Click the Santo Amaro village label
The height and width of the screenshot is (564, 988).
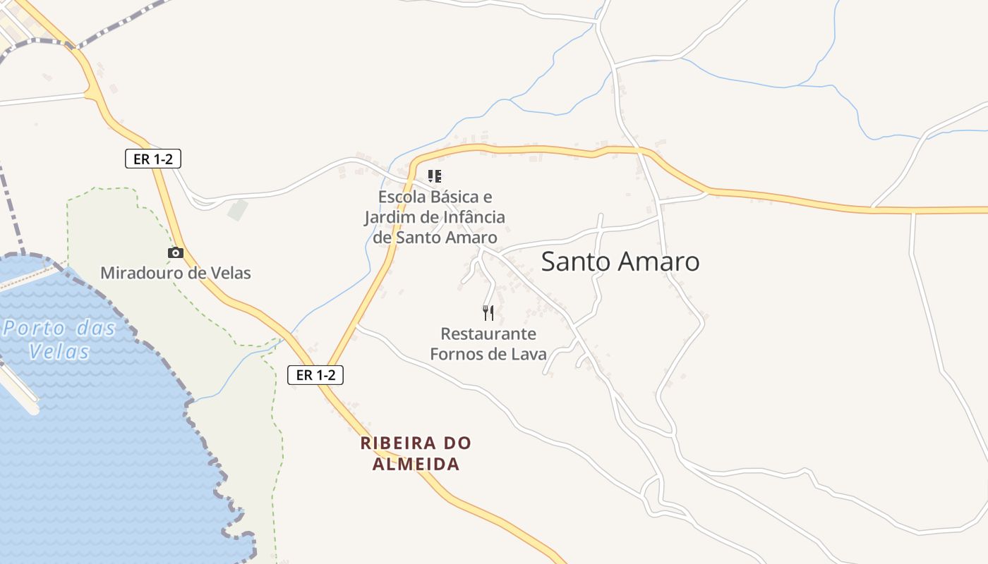coord(620,262)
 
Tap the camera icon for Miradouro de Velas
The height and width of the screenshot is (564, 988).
coord(176,252)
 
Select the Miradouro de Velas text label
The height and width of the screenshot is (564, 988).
coord(176,273)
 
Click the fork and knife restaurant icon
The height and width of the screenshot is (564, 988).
coord(488,312)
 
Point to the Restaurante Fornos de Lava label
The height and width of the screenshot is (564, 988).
coord(488,343)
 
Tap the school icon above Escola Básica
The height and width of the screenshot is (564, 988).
coord(435,176)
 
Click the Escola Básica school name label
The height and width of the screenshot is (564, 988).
coord(435,217)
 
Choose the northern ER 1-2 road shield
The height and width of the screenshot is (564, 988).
coord(153,159)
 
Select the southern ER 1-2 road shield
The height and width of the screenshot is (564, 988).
coord(315,375)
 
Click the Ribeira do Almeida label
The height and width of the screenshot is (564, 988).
coord(416,453)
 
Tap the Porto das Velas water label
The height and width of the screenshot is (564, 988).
coord(59,339)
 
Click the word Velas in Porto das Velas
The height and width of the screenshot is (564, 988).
coord(59,351)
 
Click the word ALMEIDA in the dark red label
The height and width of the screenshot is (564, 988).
coord(416,464)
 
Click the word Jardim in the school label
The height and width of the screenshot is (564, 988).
coord(390,217)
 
